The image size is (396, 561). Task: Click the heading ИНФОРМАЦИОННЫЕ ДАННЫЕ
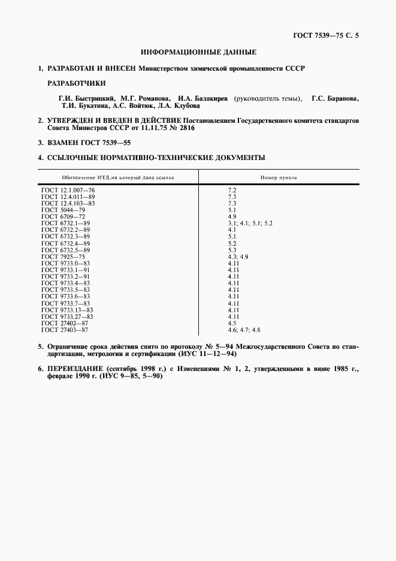[x=198, y=52]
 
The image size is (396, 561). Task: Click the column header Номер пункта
[x=279, y=177]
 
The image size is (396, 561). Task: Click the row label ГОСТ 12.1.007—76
[x=68, y=189]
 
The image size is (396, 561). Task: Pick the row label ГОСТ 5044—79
[x=63, y=210]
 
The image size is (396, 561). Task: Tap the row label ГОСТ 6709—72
[x=63, y=216]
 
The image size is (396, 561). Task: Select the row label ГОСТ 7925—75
[x=63, y=256]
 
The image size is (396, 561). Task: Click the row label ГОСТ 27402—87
[x=65, y=323]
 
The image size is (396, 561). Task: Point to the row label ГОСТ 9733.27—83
[x=67, y=316]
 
